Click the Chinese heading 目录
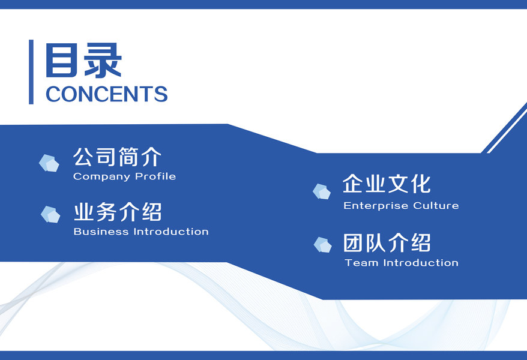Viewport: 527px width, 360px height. (x=83, y=61)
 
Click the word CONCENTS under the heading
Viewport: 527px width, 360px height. (x=107, y=94)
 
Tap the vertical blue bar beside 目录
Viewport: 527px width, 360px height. (x=31, y=72)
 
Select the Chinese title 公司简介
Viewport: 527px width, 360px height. (x=117, y=157)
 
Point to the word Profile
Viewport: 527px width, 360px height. (x=155, y=176)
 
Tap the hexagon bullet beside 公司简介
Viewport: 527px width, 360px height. (x=49, y=163)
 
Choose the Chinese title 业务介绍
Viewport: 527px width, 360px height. (x=118, y=212)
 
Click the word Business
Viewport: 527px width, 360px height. (x=101, y=232)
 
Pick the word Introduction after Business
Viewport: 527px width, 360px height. (x=171, y=232)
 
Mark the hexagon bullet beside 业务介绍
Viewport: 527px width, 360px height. (x=50, y=214)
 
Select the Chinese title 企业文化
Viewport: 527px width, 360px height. (x=387, y=184)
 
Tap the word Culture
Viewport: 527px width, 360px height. (x=436, y=205)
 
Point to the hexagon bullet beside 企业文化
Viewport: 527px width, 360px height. (x=322, y=191)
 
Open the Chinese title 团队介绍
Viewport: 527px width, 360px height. (x=387, y=242)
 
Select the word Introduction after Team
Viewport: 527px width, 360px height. (x=421, y=263)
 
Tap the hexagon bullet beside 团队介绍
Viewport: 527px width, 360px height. (x=323, y=244)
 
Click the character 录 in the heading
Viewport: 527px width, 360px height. (x=103, y=61)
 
